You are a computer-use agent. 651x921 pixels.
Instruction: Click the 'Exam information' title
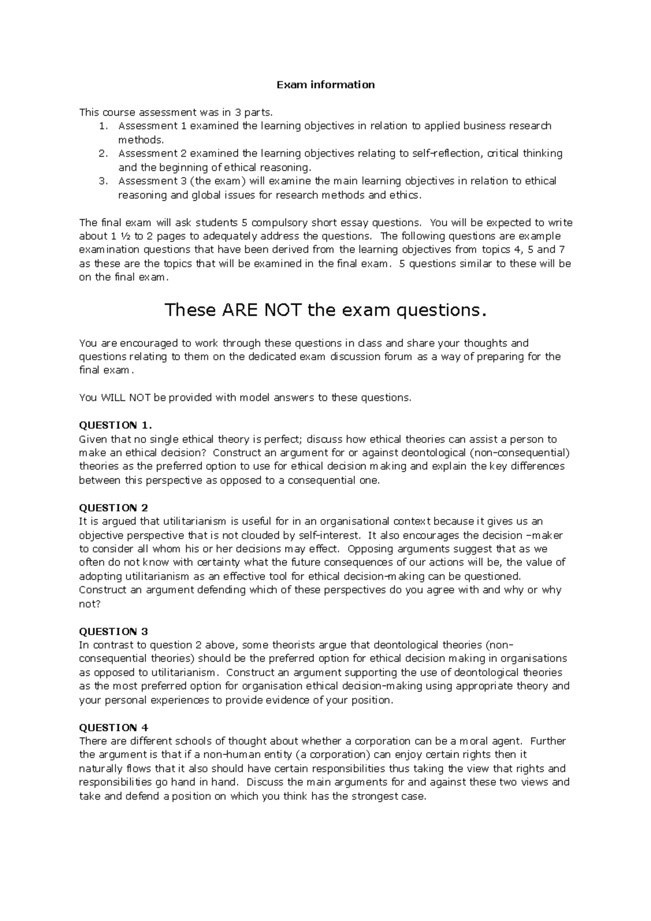click(325, 85)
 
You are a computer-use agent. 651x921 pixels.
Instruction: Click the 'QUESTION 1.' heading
click(112, 425)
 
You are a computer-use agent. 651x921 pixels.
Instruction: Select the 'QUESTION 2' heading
click(113, 508)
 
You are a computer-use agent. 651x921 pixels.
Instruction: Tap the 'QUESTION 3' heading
click(113, 631)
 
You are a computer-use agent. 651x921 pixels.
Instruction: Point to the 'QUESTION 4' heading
click(113, 727)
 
